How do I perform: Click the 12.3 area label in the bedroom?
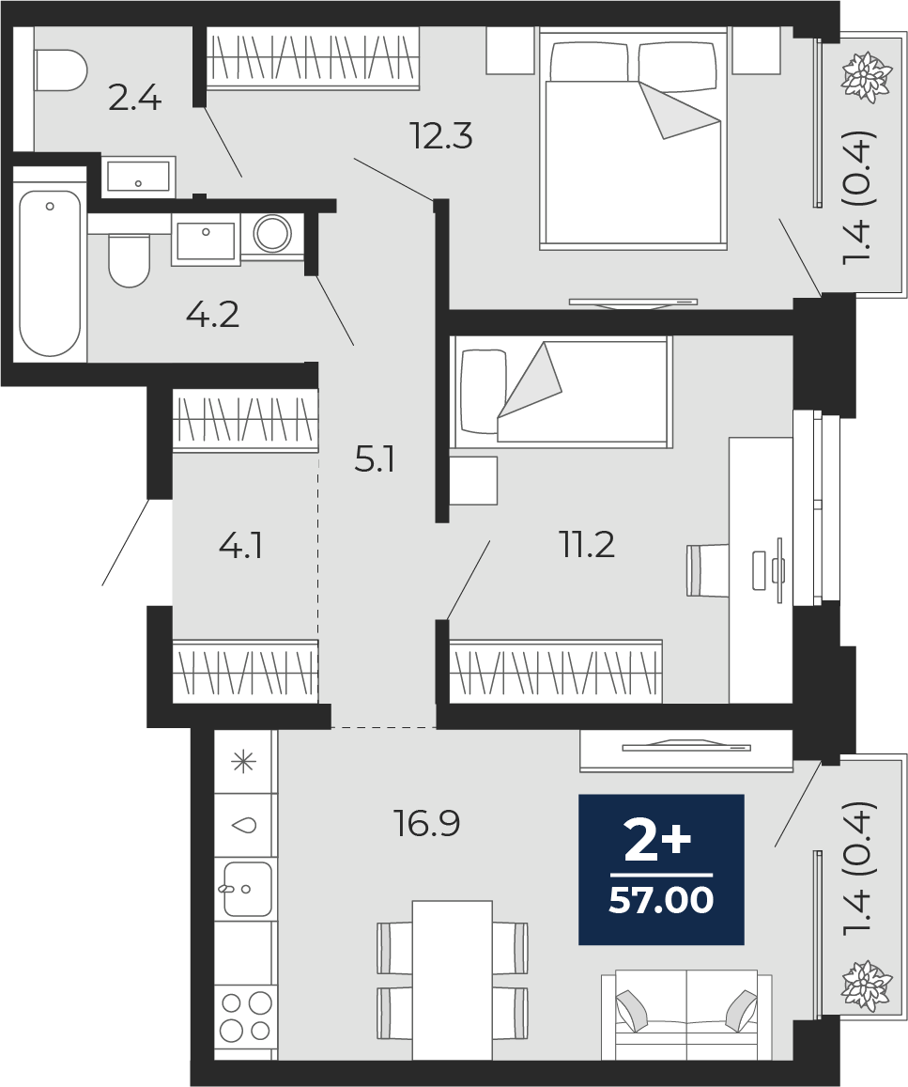pos(440,137)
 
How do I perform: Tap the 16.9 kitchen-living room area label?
pos(426,824)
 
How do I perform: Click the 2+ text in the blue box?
pos(658,843)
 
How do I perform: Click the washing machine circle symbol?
pos(272,233)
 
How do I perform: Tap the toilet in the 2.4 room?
pos(58,70)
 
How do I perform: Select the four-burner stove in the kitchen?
pos(245,1017)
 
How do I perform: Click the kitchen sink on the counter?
pos(246,888)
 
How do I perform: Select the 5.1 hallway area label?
pos(375,460)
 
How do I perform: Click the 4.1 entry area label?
pos(240,545)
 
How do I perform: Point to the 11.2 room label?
pos(588,544)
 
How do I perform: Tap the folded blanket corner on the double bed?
pos(677,111)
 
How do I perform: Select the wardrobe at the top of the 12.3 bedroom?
pos(312,58)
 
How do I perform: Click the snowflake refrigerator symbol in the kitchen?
pos(244,761)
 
